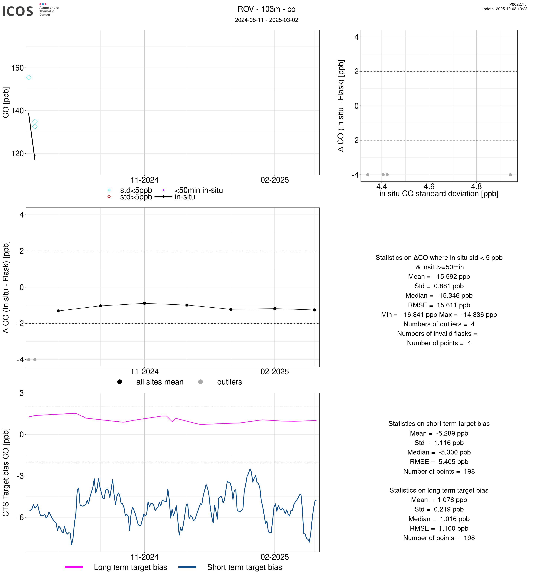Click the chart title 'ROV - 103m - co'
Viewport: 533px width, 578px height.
[266, 9]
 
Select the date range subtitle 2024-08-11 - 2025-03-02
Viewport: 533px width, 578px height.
[266, 20]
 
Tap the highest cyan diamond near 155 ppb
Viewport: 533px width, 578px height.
[28, 77]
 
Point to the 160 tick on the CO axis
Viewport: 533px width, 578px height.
[17, 68]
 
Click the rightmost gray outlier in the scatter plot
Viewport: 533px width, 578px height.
[510, 175]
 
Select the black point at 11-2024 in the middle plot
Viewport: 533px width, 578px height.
[145, 303]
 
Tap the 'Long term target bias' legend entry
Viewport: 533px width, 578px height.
[130, 567]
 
